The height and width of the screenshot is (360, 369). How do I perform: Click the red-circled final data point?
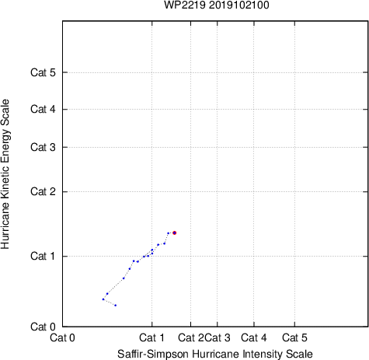pyautogui.click(x=175, y=232)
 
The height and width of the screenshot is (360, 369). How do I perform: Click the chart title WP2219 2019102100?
pyautogui.click(x=217, y=5)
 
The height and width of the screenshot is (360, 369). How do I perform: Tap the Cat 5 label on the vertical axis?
pyautogui.click(x=43, y=72)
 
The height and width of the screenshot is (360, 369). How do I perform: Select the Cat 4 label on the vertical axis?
pyautogui.click(x=43, y=109)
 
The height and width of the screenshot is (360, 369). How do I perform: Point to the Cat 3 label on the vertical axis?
pyautogui.click(x=43, y=147)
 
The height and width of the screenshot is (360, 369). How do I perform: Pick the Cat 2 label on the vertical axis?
pyautogui.click(x=43, y=192)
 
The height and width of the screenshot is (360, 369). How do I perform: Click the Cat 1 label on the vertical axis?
pyautogui.click(x=43, y=256)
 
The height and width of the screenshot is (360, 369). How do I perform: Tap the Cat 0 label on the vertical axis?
pyautogui.click(x=43, y=327)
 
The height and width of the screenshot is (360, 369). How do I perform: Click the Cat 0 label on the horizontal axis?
pyautogui.click(x=62, y=338)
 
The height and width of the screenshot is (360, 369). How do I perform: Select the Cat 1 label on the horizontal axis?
pyautogui.click(x=151, y=338)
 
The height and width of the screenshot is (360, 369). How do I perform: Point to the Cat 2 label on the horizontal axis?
pyautogui.click(x=191, y=338)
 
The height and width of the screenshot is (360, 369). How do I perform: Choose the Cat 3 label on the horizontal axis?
pyautogui.click(x=218, y=338)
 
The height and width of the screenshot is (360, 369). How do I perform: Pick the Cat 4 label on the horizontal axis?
pyautogui.click(x=254, y=338)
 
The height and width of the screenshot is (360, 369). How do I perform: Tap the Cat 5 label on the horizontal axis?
pyautogui.click(x=294, y=338)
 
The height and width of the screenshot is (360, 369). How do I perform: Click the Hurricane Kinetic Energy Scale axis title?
pyautogui.click(x=5, y=174)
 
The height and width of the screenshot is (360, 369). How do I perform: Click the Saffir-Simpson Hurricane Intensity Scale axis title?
pyautogui.click(x=215, y=354)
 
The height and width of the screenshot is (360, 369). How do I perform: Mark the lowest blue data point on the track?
pyautogui.click(x=116, y=306)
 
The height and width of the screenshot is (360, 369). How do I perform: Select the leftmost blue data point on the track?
pyautogui.click(x=103, y=299)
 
